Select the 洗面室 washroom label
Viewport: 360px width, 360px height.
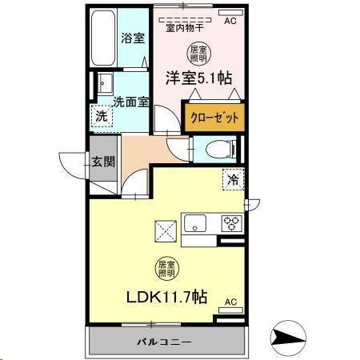130,102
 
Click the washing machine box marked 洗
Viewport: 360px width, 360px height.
102,117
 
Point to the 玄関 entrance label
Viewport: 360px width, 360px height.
103,161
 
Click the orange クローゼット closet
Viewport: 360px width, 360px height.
214,117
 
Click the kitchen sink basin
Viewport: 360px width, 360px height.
196,223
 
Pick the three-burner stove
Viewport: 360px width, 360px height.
231,223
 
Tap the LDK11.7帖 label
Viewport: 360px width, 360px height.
166,296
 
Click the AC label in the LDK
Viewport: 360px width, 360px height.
230,302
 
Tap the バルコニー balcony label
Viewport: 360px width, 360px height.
167,342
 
